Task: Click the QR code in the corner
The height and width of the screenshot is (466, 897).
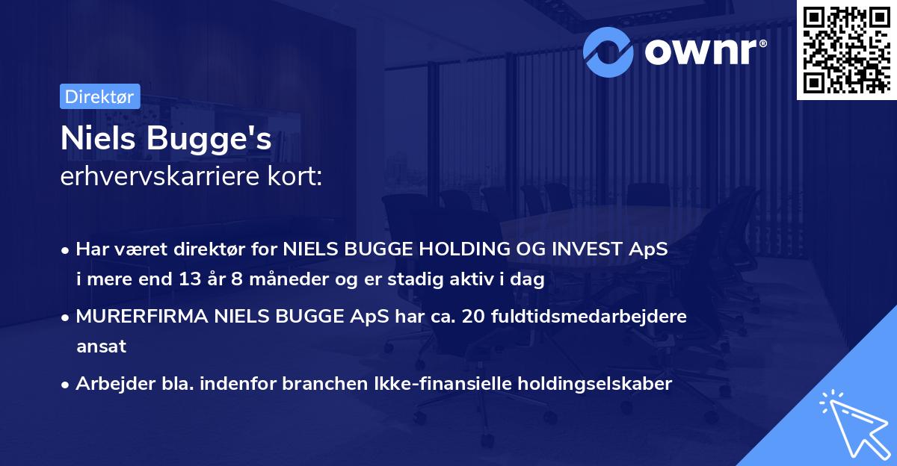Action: point(847,49)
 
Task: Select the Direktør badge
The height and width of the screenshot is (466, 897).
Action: point(99,96)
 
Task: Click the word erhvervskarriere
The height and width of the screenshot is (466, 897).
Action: point(161,177)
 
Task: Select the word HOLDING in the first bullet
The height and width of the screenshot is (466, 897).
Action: point(446,250)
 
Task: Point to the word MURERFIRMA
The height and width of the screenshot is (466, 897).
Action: point(141,317)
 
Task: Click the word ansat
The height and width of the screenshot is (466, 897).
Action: point(101,347)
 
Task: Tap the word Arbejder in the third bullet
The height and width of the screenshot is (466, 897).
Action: point(109,384)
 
